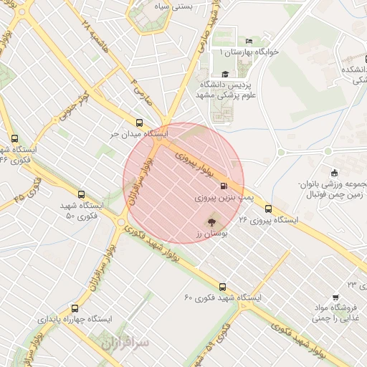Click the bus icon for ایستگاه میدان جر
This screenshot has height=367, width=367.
click(139, 122)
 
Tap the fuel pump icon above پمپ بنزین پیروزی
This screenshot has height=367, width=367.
click(216, 184)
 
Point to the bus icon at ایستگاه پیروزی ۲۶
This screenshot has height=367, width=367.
click(268, 209)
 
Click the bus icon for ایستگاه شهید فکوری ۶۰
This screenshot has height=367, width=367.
click(221, 286)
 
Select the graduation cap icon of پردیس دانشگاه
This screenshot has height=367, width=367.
click(224, 74)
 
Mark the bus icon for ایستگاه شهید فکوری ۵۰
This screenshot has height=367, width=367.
click(80, 194)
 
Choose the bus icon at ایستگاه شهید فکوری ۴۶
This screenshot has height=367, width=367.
click(15, 138)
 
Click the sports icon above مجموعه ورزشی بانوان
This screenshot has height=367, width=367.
click(334, 173)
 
